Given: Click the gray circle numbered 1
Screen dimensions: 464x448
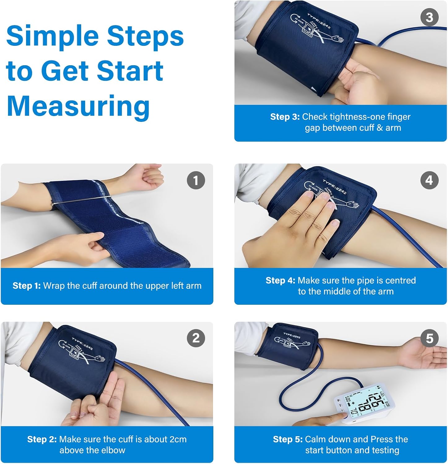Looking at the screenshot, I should tap(196, 180).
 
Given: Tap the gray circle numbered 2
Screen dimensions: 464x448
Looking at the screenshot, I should tap(196, 338).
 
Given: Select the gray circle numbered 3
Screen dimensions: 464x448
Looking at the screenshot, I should tap(429, 17).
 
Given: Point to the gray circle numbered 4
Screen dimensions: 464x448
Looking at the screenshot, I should tap(429, 180).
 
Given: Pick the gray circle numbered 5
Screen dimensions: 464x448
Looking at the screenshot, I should tap(429, 338).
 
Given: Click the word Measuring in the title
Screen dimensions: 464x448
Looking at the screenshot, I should tap(78, 106).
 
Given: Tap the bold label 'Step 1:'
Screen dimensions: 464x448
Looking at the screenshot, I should tap(27, 286).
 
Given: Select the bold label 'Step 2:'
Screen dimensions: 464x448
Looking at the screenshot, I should tap(42, 439).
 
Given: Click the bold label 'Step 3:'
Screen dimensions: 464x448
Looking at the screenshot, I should tap(285, 117).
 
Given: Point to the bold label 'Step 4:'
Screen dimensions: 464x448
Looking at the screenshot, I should tap(280, 281).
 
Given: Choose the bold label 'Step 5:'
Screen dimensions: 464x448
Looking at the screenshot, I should tap(288, 439).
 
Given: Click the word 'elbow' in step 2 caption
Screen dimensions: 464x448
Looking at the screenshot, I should tap(114, 450).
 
